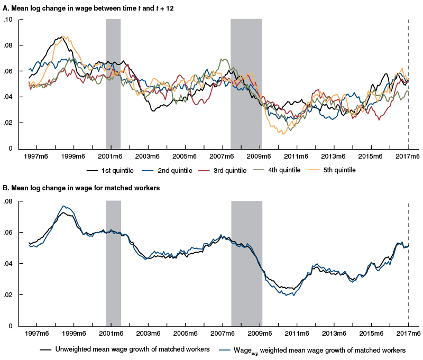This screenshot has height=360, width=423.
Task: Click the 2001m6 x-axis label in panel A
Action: coord(111,156)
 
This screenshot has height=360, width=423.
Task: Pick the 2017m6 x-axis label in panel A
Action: coord(408,156)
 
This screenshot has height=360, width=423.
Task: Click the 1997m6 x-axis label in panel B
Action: coord(36,334)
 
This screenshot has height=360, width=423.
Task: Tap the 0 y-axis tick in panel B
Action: coord(9,326)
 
